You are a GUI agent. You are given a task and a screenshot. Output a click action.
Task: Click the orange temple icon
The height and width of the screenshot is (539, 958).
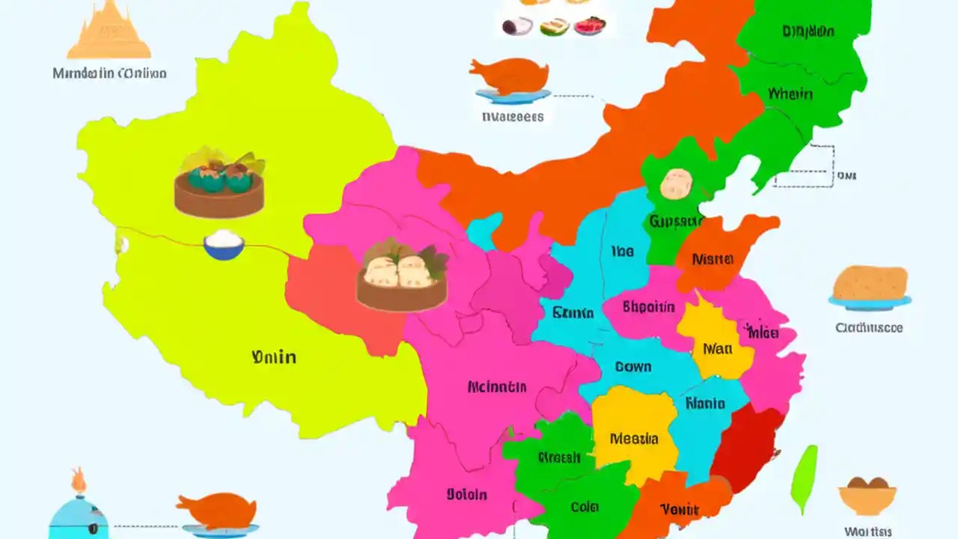pyautogui.click(x=109, y=31)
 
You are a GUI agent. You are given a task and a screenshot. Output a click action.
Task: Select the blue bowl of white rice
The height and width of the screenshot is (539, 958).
pyautogui.click(x=224, y=245)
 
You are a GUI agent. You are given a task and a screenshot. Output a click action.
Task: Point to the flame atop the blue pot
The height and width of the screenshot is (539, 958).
pyautogui.click(x=79, y=480)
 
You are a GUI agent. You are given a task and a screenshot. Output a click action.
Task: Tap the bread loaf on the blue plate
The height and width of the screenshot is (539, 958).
pyautogui.click(x=870, y=284)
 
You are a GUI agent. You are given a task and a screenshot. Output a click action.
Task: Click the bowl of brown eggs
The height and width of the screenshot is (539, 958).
pyautogui.click(x=867, y=495)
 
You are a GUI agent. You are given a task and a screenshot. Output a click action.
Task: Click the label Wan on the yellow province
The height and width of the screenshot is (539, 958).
pyautogui.click(x=716, y=348)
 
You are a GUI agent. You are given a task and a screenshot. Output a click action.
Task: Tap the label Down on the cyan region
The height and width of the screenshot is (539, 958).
pyautogui.click(x=633, y=367)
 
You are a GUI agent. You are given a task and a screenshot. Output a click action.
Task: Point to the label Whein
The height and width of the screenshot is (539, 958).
pyautogui.click(x=790, y=94)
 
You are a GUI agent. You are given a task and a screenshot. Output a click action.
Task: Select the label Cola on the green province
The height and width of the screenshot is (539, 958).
pyautogui.click(x=585, y=507)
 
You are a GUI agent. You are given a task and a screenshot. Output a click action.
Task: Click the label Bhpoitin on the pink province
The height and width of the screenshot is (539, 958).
pyautogui.click(x=649, y=307)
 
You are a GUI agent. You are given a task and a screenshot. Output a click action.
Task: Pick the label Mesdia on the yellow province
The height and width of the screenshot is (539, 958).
pyautogui.click(x=634, y=439)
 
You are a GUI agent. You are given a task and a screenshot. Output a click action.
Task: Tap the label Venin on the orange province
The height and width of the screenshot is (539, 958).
pyautogui.click(x=679, y=510)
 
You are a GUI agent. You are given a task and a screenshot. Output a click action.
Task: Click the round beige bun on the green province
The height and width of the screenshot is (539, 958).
pyautogui.click(x=677, y=184)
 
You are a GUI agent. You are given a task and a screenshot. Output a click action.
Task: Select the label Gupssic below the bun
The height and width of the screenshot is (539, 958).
pyautogui.click(x=676, y=221)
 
